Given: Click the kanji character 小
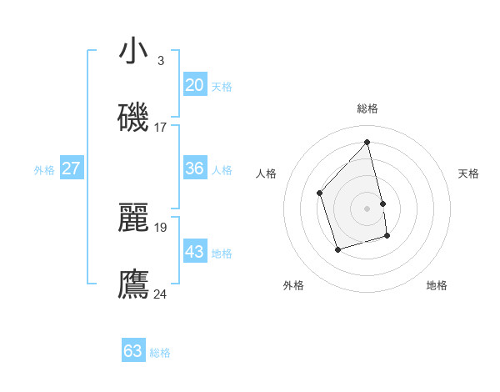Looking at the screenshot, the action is [x=133, y=51].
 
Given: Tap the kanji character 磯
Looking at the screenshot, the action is [x=133, y=118].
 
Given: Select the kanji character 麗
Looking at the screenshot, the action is [x=133, y=218].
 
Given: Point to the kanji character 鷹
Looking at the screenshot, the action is [x=133, y=284].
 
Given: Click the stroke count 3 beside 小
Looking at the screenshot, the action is [x=160, y=60].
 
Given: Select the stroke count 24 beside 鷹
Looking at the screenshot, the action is [x=160, y=294].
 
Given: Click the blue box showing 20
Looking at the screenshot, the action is [x=195, y=85].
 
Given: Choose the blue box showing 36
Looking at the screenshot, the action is [x=195, y=168].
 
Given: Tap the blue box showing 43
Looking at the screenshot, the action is [x=195, y=251].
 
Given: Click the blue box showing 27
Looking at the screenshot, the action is [x=71, y=168].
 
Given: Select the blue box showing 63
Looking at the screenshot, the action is [x=133, y=351].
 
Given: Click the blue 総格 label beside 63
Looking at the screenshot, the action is [x=160, y=353].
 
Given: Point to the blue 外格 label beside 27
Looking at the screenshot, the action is [x=44, y=170].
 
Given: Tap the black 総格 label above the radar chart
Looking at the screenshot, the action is [x=367, y=108].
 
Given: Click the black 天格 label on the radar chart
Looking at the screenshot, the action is [x=469, y=173].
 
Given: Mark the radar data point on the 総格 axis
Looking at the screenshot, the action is [x=367, y=143].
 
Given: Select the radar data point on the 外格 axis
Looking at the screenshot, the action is [x=337, y=249].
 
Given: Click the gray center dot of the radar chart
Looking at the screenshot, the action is [x=367, y=208].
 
